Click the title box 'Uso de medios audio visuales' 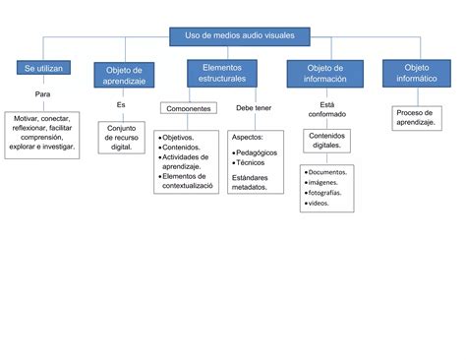coord(240,35)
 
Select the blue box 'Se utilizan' coord(42,68)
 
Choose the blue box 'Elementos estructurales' coord(222,72)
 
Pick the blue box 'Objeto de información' coord(324,74)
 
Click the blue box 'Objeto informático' coord(417,72)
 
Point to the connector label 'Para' coord(42,94)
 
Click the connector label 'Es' coord(121,104)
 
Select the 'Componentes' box coord(189,109)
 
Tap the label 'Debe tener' coord(254,108)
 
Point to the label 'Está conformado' coord(327,109)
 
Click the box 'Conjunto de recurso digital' coord(122,136)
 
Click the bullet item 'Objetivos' coord(179,138)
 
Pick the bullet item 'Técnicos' coord(255,163)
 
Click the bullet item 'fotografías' coord(325,193)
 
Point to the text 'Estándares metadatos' coord(256,182)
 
